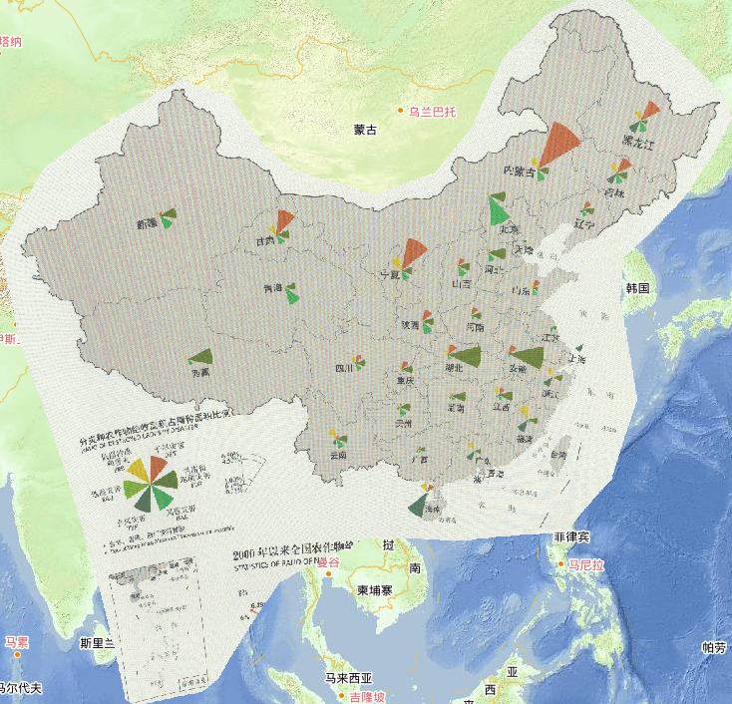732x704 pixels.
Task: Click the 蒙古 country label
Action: tap(366, 130)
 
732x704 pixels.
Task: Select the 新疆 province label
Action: tap(148, 224)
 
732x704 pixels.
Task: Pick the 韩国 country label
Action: tap(638, 288)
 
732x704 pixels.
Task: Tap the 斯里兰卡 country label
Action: tap(101, 643)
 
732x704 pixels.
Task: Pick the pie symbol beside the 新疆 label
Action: tap(169, 215)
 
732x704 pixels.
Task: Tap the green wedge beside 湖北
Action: tap(467, 354)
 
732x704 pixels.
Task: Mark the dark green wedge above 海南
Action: tap(419, 504)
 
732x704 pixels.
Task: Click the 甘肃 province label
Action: tap(264, 242)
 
